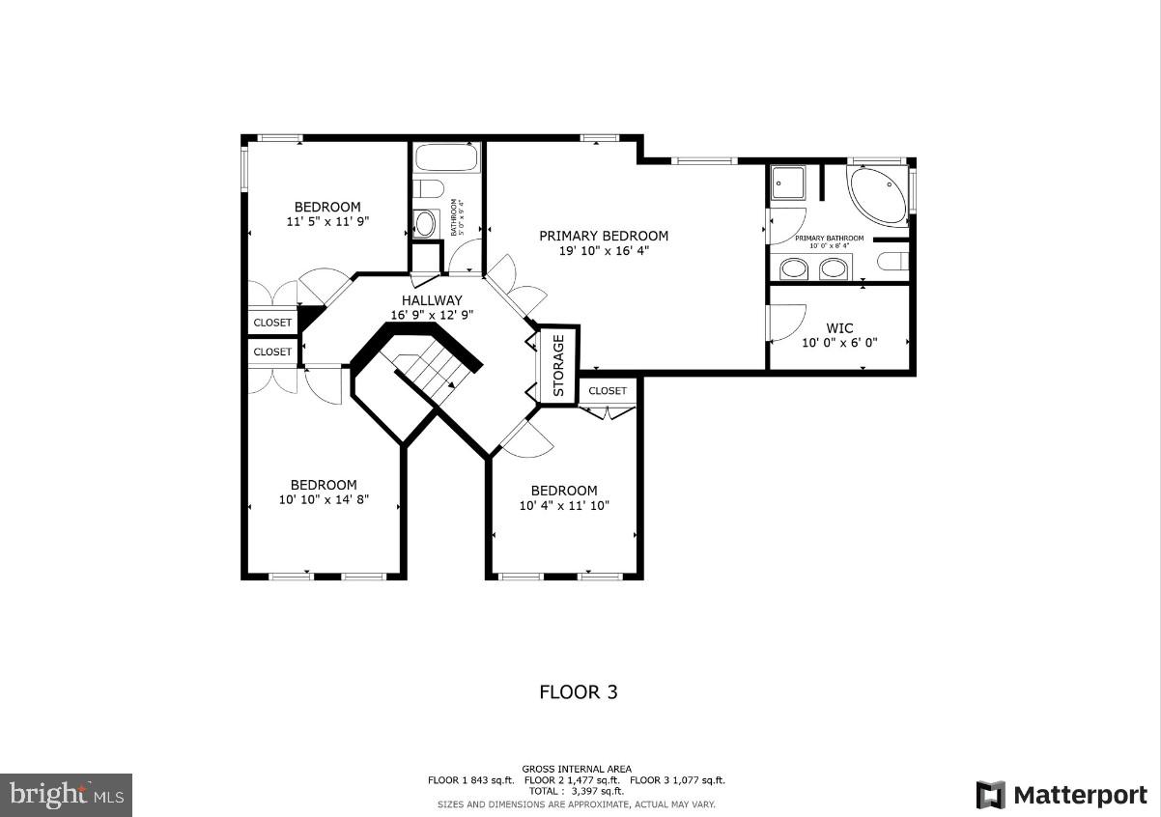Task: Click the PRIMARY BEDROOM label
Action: coord(603,236)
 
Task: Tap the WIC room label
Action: coord(838,328)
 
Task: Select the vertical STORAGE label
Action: coord(558,366)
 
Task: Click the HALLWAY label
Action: coord(432,300)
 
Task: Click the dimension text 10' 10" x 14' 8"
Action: coord(325,501)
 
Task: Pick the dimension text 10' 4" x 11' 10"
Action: coord(564,506)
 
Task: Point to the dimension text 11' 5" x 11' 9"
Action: coord(327,222)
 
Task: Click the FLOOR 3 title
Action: coord(578,692)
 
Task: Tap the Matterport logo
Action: coord(1061,795)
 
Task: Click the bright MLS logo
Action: coord(66,795)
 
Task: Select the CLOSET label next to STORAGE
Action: coord(608,391)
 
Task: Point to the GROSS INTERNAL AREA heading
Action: coord(577,770)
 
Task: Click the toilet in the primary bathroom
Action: coord(893,261)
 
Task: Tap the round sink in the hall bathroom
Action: coord(425,225)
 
